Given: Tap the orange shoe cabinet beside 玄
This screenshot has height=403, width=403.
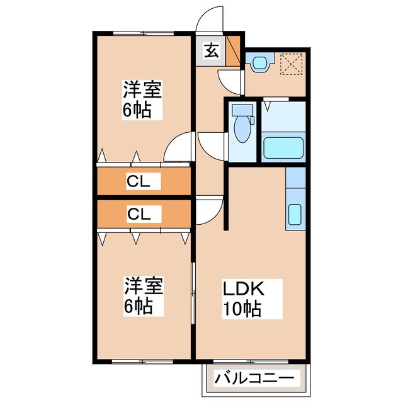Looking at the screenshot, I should (233, 51).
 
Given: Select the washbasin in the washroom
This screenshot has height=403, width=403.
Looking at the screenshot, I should (259, 63).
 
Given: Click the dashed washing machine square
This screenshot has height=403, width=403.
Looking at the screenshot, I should (292, 64).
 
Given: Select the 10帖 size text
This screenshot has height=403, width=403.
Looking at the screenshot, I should (241, 310).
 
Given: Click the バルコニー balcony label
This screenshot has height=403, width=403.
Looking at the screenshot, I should (254, 378).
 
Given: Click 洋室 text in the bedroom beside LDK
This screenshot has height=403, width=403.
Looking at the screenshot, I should (144, 287).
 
